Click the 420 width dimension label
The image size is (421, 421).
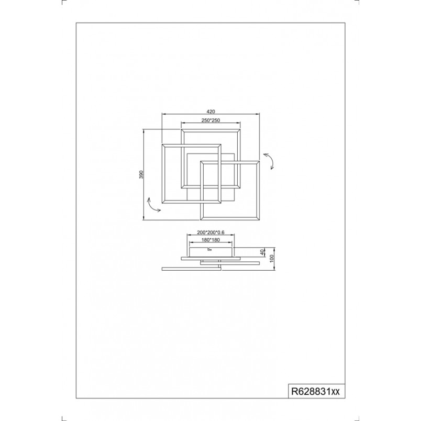[x=211, y=112]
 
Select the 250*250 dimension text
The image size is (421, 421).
[x=211, y=120]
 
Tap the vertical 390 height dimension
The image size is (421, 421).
[x=142, y=174]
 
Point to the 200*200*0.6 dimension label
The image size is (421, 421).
[x=211, y=232]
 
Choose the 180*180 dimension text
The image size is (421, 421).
[x=211, y=240]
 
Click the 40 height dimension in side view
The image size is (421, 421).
[x=262, y=252]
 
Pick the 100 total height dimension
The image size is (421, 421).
[x=271, y=258]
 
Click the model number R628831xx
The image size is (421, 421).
[x=315, y=392]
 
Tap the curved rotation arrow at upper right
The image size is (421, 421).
[x=269, y=161]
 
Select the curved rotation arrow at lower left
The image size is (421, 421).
[x=153, y=205]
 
